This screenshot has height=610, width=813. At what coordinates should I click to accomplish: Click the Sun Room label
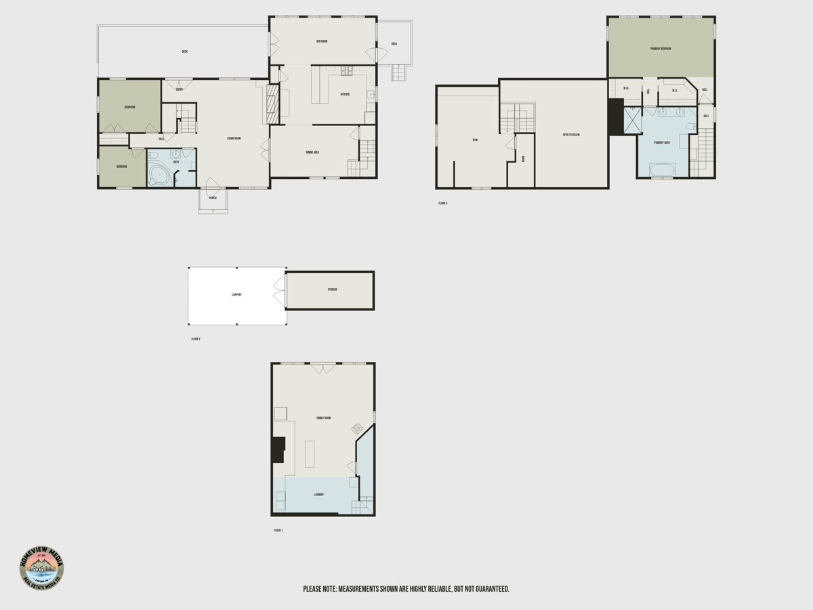click(x=322, y=41)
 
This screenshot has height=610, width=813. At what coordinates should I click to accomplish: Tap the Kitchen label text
click(x=344, y=94)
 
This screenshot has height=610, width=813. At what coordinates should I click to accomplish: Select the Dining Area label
click(x=312, y=152)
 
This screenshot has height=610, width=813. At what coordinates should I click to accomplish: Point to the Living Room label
click(x=234, y=138)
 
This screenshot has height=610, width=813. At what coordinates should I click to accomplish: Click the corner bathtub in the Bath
click(x=159, y=176)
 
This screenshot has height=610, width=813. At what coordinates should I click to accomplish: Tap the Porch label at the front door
click(x=213, y=198)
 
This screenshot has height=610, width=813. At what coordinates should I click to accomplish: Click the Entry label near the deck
click(x=180, y=89)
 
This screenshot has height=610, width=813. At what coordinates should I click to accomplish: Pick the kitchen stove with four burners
click(x=346, y=69)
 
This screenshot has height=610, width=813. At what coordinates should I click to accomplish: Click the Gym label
click(x=475, y=140)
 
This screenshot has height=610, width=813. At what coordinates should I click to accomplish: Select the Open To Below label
click(x=571, y=135)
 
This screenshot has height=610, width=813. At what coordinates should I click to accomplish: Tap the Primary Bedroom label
click(x=661, y=49)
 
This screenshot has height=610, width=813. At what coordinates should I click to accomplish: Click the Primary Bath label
click(x=662, y=143)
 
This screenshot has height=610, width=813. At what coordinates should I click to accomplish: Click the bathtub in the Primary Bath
click(x=662, y=169)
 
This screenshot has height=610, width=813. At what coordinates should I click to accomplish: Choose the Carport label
click(x=236, y=295)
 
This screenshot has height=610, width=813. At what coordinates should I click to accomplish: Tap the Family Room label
click(x=323, y=418)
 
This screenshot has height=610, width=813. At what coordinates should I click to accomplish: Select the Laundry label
click(x=318, y=495)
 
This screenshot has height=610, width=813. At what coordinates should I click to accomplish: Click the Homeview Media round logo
click(x=42, y=568)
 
